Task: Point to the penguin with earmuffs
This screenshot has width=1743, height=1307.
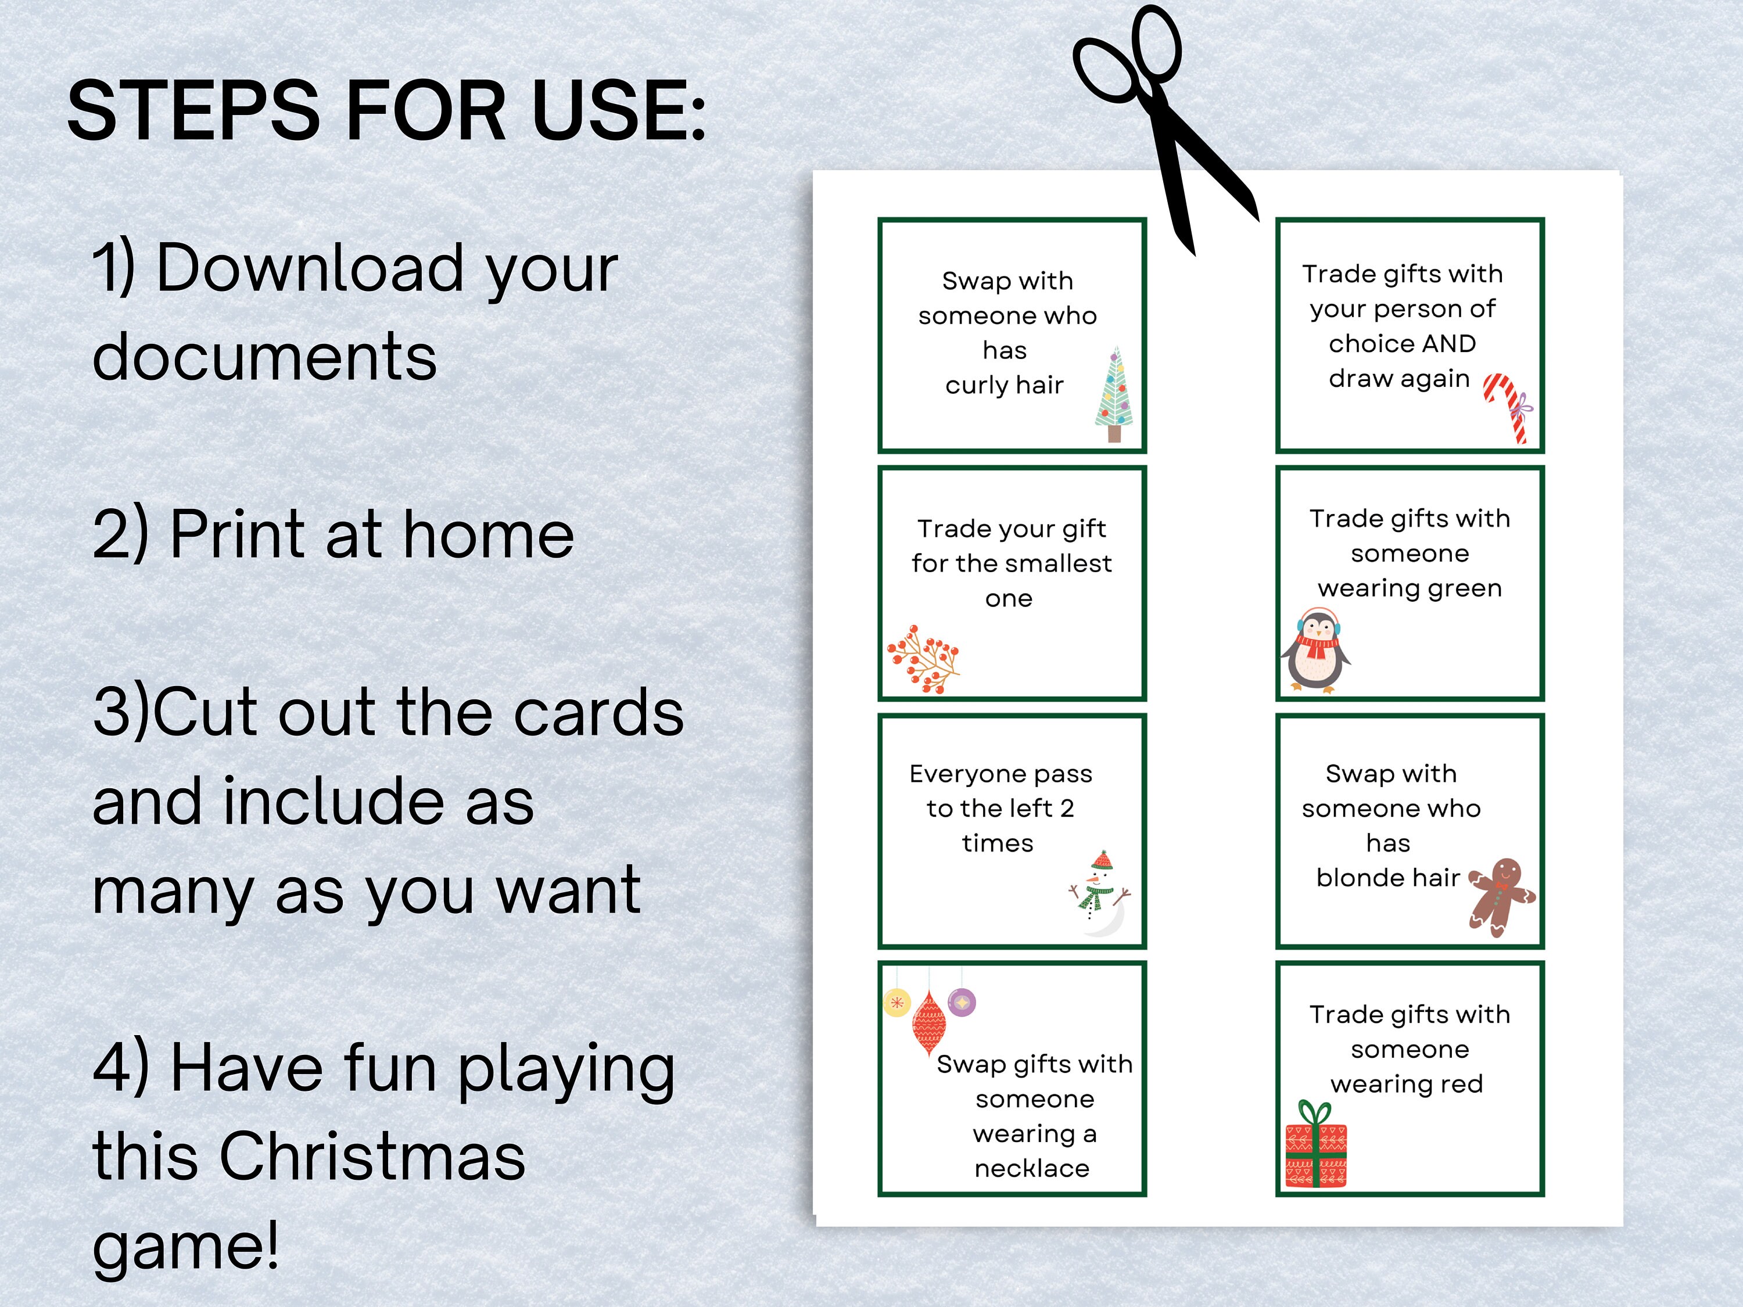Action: [1314, 651]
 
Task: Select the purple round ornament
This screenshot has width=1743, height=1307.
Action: [962, 1003]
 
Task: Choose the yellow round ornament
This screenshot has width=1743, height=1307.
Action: [896, 1003]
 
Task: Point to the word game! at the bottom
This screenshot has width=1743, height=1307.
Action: [186, 1245]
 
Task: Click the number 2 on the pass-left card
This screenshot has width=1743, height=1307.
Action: [1067, 809]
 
